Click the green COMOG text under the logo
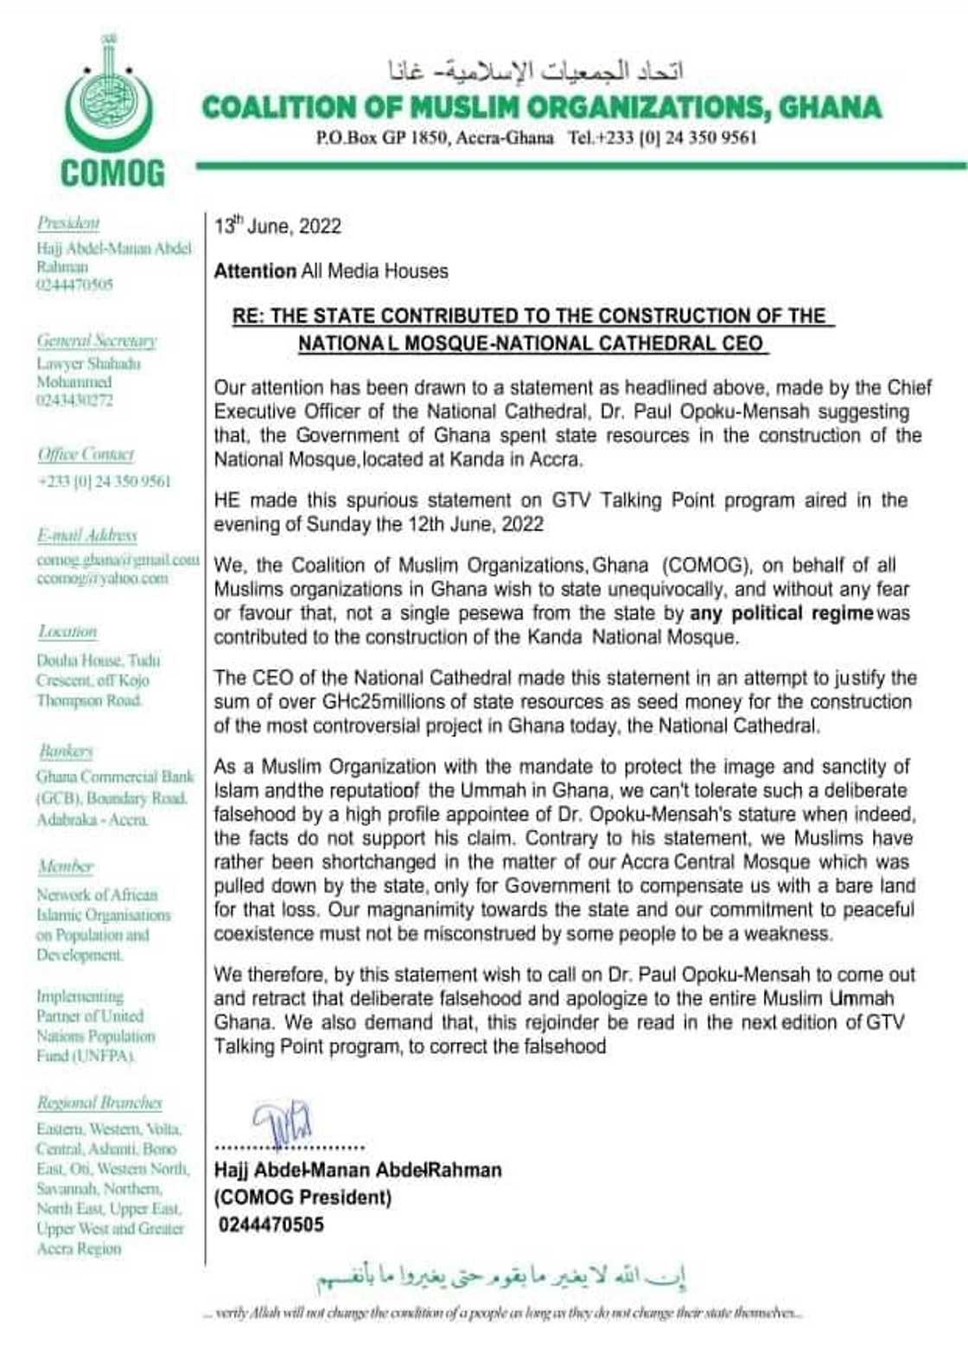click(111, 174)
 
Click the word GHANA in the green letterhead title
click(829, 108)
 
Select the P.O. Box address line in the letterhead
click(434, 137)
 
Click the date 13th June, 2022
click(277, 227)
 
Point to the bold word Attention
click(254, 272)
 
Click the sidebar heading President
click(68, 223)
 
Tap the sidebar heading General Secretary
click(96, 340)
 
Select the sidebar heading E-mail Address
click(86, 535)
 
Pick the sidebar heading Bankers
click(66, 751)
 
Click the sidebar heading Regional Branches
click(99, 1103)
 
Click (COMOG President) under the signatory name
click(302, 1198)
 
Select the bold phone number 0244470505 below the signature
click(271, 1224)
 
